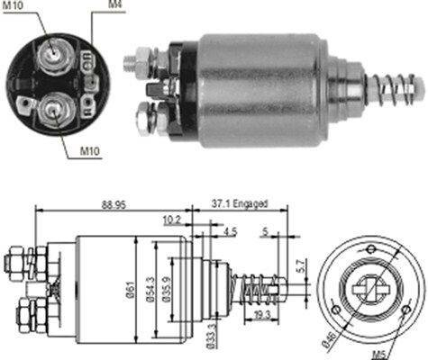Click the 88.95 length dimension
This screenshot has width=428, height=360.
point(114,205)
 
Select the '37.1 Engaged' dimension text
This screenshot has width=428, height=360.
point(240,203)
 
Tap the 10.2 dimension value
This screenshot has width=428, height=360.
point(172,220)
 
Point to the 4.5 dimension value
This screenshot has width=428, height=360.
point(231,231)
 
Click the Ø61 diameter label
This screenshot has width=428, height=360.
point(130,290)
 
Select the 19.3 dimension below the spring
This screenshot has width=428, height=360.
point(261,315)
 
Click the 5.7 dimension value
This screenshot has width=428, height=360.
point(302,265)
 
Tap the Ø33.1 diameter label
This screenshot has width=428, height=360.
point(211,337)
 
